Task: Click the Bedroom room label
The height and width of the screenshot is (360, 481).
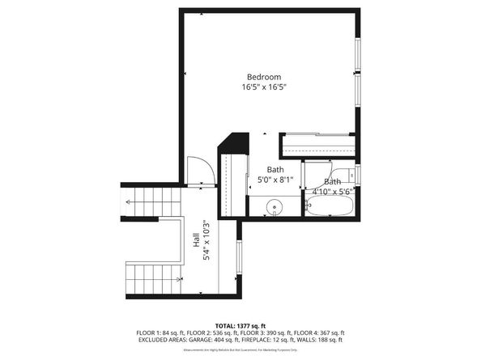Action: point(264,77)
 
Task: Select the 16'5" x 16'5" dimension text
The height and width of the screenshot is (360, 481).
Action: point(264,87)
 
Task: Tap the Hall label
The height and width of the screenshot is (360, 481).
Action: point(196,240)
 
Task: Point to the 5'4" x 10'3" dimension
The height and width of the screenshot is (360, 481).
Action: point(206,240)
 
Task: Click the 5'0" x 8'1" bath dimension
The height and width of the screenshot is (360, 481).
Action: point(276,181)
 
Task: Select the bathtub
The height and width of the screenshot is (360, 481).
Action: point(329,207)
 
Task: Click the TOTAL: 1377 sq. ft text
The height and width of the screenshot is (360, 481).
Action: point(240,324)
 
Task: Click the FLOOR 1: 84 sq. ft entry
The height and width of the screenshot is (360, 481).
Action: point(160,332)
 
